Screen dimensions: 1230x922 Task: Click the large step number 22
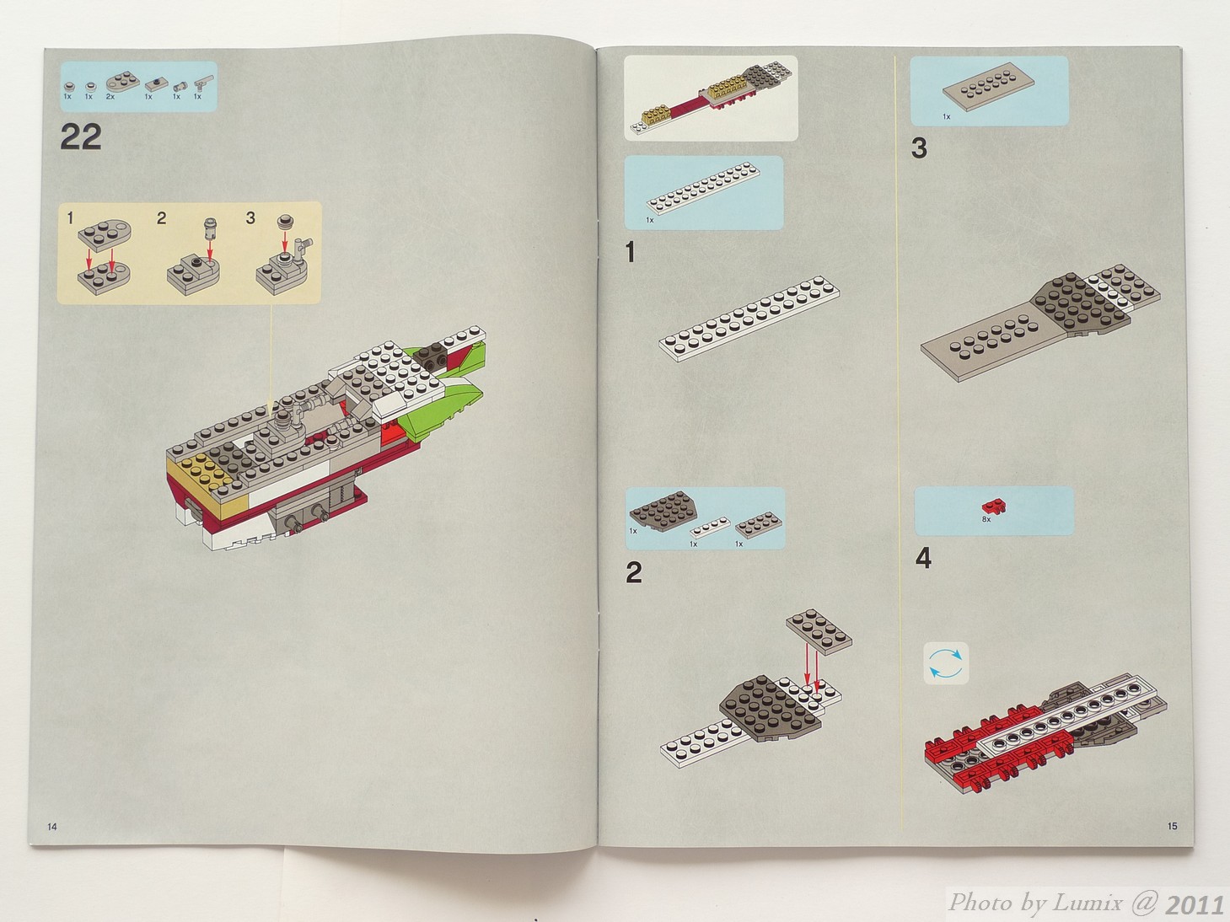[x=81, y=137]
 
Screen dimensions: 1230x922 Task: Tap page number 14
[x=52, y=827]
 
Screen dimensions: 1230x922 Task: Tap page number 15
[x=1173, y=826]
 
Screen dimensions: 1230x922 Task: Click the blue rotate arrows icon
[x=946, y=664]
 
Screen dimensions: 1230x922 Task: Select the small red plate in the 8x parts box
[x=993, y=506]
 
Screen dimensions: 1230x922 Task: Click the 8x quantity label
[x=986, y=519]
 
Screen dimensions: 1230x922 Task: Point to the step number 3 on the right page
[x=919, y=148]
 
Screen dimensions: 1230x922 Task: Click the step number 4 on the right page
[x=923, y=559]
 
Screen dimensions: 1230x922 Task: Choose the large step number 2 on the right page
[x=634, y=572]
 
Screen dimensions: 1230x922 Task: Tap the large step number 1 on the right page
[x=631, y=252]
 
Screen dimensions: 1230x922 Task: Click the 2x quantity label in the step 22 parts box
[x=110, y=97]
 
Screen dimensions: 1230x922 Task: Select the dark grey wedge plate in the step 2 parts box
[x=663, y=509]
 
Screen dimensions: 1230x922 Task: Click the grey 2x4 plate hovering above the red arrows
[x=819, y=632]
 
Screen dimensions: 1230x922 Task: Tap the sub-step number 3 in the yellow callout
[x=250, y=218]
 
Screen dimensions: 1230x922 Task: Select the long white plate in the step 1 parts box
[x=704, y=188]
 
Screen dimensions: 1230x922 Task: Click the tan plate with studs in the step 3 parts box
[x=989, y=87]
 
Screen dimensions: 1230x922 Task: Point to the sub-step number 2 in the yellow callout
[x=161, y=218]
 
